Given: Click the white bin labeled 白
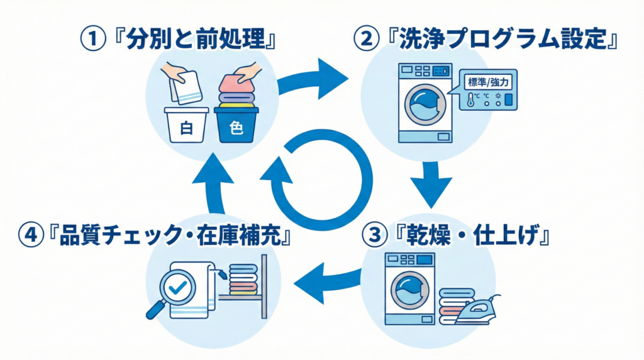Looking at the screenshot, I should coord(186,125).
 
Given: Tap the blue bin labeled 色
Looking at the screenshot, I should coord(236,125).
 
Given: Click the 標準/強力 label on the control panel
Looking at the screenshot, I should coord(489,82).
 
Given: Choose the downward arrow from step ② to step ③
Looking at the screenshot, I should coord(431,183).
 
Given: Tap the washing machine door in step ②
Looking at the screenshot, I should coord(421,104).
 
